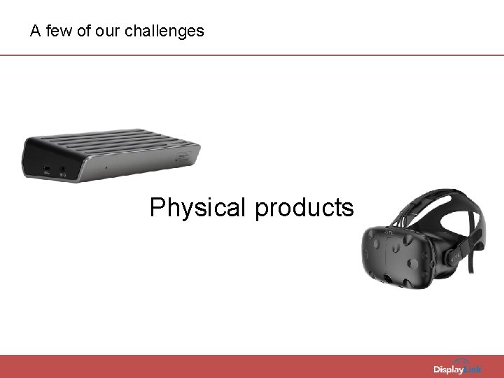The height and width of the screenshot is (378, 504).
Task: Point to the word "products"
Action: click(x=304, y=208)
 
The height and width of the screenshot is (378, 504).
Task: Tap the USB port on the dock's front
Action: click(x=46, y=169)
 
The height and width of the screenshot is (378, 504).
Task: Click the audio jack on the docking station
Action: click(x=63, y=169)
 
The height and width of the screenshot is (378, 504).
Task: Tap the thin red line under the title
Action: click(x=252, y=55)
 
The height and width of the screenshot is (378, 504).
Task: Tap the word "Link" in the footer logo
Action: click(x=472, y=369)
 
